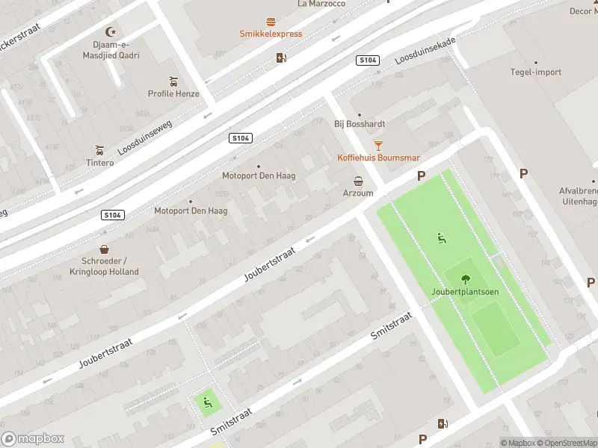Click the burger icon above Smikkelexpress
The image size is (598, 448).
pos(271,22)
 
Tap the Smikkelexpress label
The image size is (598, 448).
pos(271,34)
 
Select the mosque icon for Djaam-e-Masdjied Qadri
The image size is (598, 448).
pos(112,31)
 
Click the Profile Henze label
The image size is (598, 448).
pos(173,94)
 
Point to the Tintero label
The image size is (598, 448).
pos(99,163)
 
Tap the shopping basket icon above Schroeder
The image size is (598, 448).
pos(104,249)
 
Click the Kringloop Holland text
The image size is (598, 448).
pos(110,272)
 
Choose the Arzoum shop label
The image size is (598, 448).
pos(358,193)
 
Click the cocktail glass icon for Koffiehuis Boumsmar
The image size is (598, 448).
pos(378,145)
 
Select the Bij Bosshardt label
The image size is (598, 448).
pos(359,124)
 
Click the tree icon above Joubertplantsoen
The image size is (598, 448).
pos(465,279)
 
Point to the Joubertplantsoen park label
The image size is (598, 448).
pos(465,291)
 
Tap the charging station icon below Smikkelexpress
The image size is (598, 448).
pos(281,57)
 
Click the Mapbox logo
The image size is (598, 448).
pos(33,439)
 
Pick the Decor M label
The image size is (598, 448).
pos(583,11)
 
